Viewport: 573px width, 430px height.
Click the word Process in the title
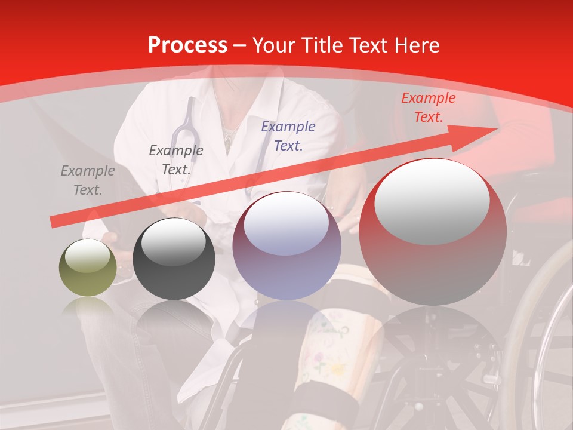187,45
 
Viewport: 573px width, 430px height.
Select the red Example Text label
428,107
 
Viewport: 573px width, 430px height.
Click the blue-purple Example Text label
288,136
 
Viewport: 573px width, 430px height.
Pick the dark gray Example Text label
175,159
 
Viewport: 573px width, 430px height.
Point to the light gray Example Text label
87,180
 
